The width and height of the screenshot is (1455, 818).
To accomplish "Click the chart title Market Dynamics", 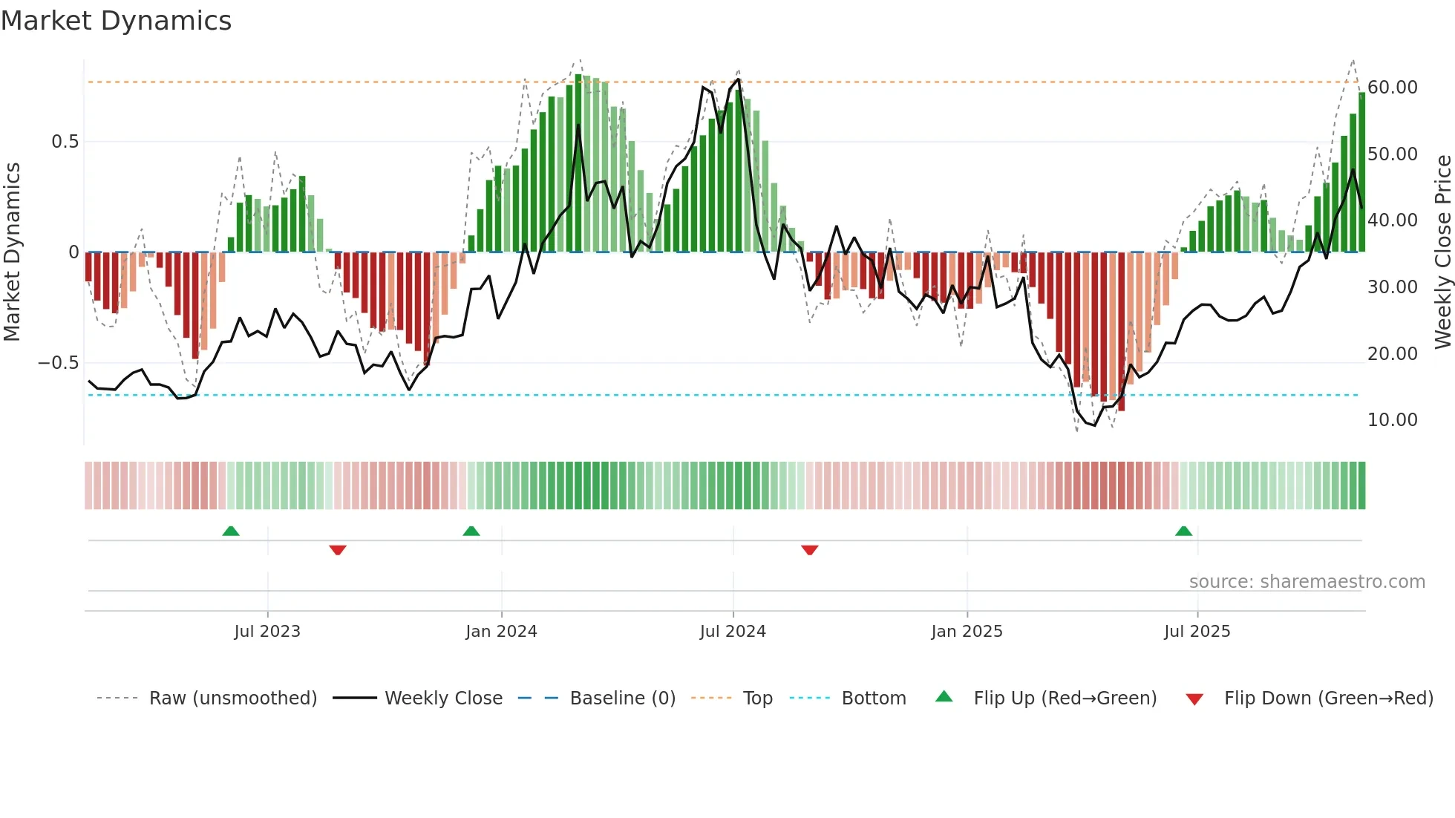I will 117,21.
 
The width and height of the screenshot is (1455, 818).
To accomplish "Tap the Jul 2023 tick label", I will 267,632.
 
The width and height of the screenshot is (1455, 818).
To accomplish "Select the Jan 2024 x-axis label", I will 501,632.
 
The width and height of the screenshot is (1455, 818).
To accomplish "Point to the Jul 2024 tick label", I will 733,632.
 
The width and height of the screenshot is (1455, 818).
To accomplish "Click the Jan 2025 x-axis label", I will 967,632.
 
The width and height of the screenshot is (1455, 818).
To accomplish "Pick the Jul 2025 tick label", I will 1197,632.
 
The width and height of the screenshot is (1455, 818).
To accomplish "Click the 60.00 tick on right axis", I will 1392,88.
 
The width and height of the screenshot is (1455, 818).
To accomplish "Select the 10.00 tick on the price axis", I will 1392,420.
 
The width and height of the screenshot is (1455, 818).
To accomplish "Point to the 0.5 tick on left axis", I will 65,142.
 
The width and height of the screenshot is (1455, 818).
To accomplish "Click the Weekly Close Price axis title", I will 1442,252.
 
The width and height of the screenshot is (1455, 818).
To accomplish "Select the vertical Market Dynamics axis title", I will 13,252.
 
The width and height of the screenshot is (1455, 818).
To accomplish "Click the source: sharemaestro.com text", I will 1307,582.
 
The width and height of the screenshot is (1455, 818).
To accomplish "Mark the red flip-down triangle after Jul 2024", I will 810,550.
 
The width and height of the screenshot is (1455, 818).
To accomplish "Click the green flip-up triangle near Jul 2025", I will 1183,531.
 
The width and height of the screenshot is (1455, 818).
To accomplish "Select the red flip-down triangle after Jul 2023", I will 338,550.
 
